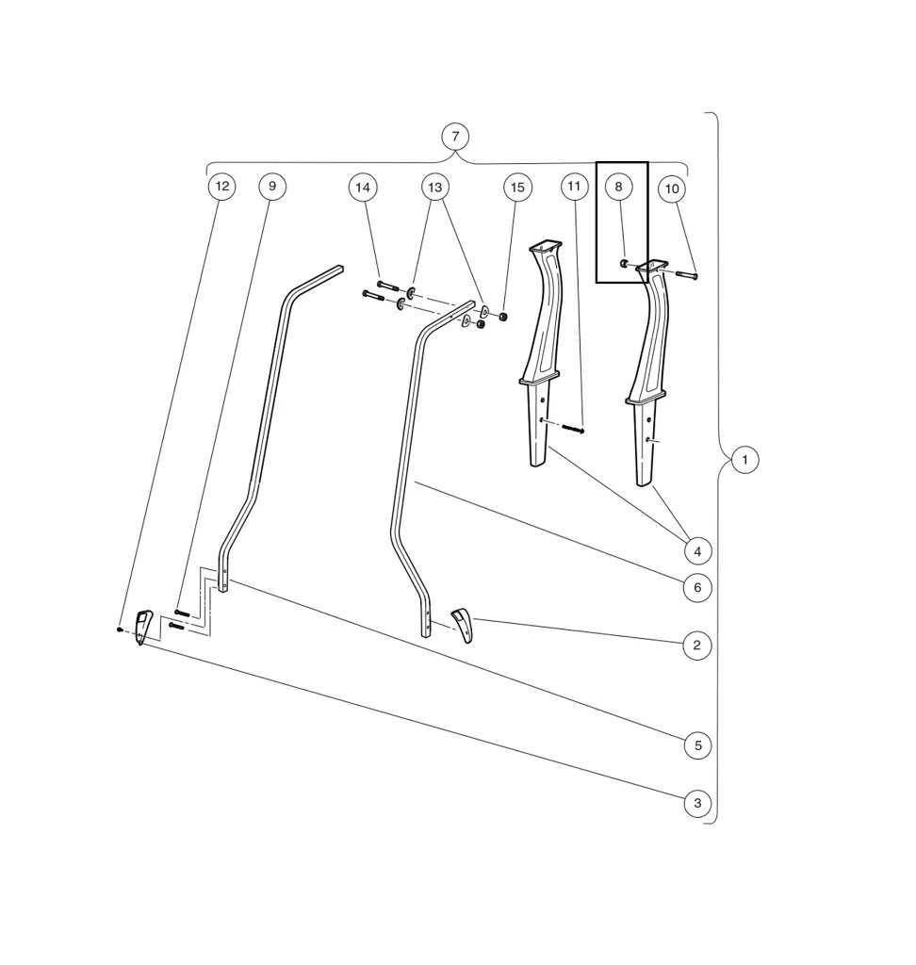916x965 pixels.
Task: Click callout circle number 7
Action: pos(455,137)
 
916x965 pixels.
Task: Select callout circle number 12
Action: pos(221,187)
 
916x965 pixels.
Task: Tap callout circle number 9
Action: pos(272,187)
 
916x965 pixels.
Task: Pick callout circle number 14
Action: pos(363,188)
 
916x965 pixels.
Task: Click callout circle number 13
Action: pos(434,188)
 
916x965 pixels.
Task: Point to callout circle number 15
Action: pos(517,188)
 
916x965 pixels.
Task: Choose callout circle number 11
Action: pos(575,187)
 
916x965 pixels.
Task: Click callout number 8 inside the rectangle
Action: pos(619,187)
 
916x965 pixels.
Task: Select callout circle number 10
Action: pos(672,189)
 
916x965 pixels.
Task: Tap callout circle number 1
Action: pos(744,461)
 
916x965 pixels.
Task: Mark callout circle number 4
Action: pos(697,550)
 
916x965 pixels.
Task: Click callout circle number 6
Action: pos(697,588)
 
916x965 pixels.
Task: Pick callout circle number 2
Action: pos(697,646)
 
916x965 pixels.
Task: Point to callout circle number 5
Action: pos(697,745)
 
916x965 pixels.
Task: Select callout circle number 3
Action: pos(697,804)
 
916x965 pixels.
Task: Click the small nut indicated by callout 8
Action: pos(624,263)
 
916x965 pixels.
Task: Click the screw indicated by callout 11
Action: pos(573,430)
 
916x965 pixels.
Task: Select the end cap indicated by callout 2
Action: pos(462,623)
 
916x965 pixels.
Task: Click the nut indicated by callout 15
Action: pos(503,316)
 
